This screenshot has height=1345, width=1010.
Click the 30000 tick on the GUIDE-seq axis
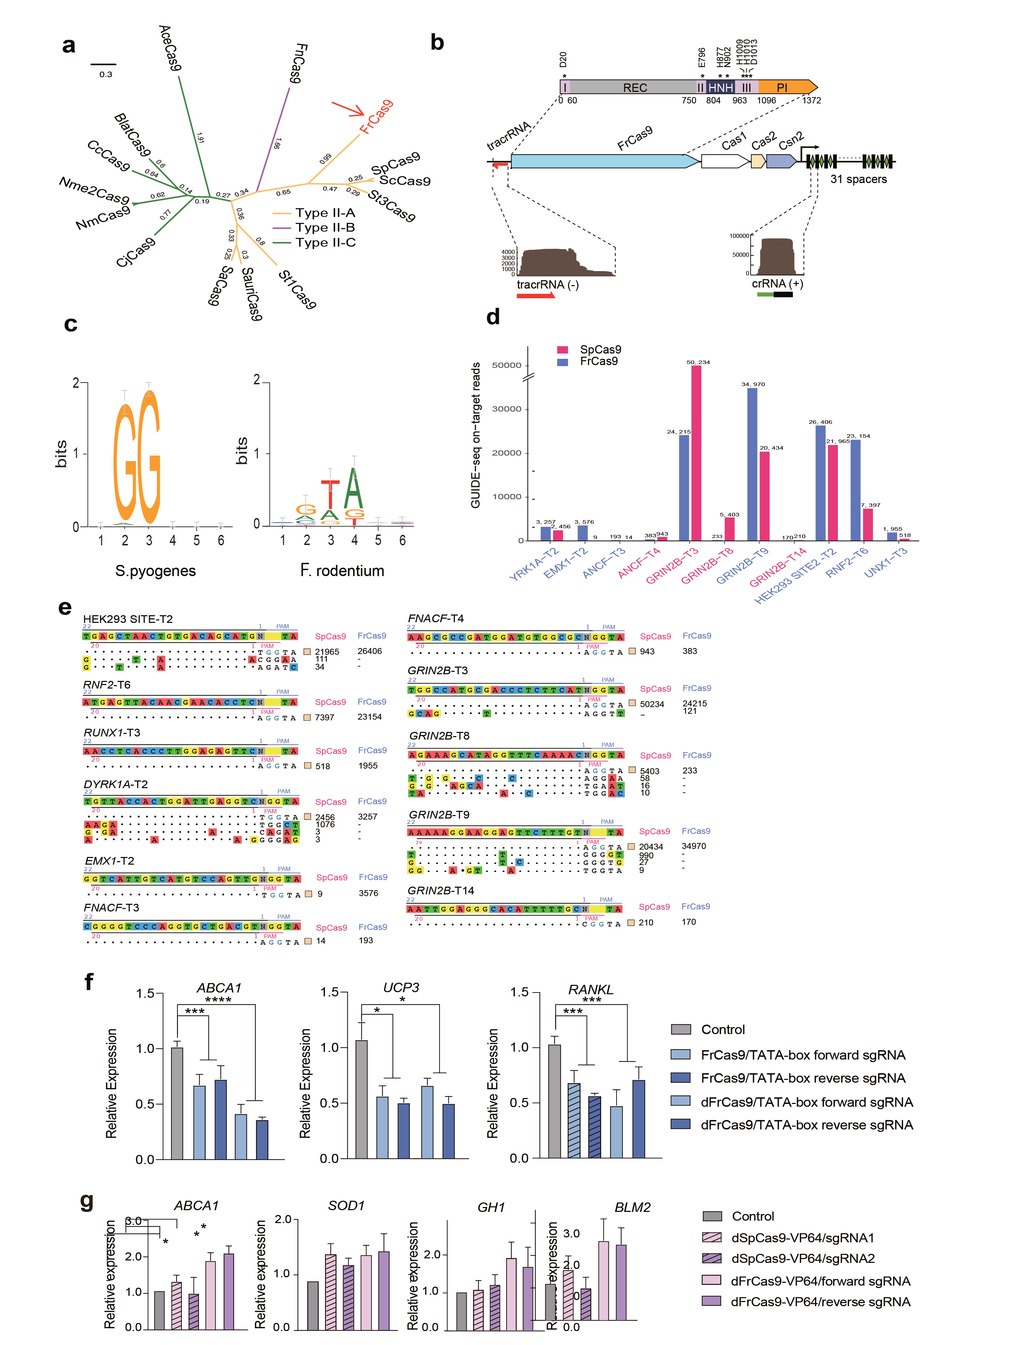[x=506, y=409]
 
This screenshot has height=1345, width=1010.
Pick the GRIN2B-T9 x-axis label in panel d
[x=742, y=566]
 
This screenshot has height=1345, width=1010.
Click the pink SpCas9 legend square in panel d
[x=563, y=350]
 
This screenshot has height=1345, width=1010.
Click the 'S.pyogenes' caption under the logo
[x=156, y=571]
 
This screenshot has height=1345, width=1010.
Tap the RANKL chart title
[x=591, y=989]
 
